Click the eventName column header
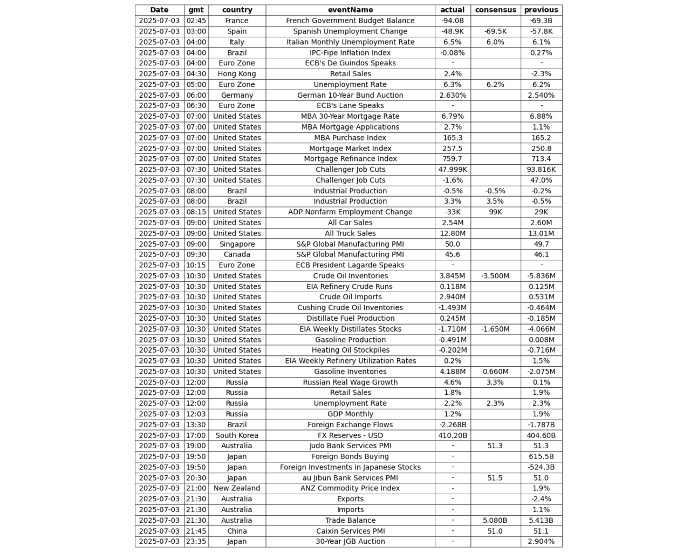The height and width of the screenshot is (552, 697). pyautogui.click(x=350, y=10)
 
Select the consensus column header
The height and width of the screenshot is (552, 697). pyautogui.click(x=495, y=10)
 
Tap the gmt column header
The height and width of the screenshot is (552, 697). pyautogui.click(x=196, y=10)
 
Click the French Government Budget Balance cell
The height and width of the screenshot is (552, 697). pyautogui.click(x=350, y=21)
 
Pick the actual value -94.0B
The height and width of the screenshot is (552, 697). pyautogui.click(x=452, y=21)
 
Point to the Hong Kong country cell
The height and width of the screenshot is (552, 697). pyautogui.click(x=237, y=73)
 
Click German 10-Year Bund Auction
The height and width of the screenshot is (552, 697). pyautogui.click(x=350, y=95)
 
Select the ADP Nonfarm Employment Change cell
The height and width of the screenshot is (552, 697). pyautogui.click(x=350, y=212)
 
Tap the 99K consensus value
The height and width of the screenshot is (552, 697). pyautogui.click(x=495, y=212)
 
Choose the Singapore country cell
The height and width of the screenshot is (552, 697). pyautogui.click(x=237, y=244)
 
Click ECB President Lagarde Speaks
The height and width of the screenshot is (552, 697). pyautogui.click(x=350, y=265)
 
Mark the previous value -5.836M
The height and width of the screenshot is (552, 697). pyautogui.click(x=541, y=275)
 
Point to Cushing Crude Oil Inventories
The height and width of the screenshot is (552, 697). pyautogui.click(x=350, y=307)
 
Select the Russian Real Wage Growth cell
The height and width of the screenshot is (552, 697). pyautogui.click(x=350, y=382)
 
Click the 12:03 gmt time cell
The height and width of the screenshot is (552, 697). pyautogui.click(x=196, y=414)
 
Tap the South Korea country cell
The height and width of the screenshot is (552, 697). pyautogui.click(x=237, y=435)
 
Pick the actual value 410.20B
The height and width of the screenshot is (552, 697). pyautogui.click(x=452, y=435)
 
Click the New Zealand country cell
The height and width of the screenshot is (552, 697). pyautogui.click(x=237, y=488)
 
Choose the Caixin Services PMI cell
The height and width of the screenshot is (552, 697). pyautogui.click(x=350, y=531)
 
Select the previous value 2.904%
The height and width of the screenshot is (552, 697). pyautogui.click(x=541, y=541)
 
